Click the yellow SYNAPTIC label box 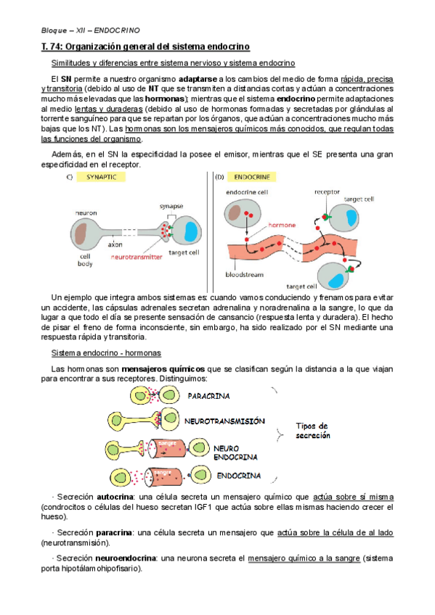click(101, 177)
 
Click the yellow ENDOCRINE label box click(252, 177)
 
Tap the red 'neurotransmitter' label click(137, 257)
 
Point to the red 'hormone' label click(282, 225)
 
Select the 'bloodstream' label click(244, 275)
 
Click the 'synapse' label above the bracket click(171, 206)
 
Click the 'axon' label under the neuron click(115, 244)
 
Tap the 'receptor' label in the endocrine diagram click(327, 191)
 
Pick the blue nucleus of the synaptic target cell click(191, 231)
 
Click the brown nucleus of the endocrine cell click(235, 212)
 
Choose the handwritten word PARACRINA click(208, 396)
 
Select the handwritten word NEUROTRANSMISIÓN click(224, 421)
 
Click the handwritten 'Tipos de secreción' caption click(313, 431)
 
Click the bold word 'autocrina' click(115, 497)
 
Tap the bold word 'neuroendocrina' click(126, 558)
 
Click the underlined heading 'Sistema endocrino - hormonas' click(106, 353)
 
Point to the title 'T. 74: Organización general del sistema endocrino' click(145, 46)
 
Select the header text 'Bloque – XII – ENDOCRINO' click(90, 30)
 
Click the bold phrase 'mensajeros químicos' click(163, 369)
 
